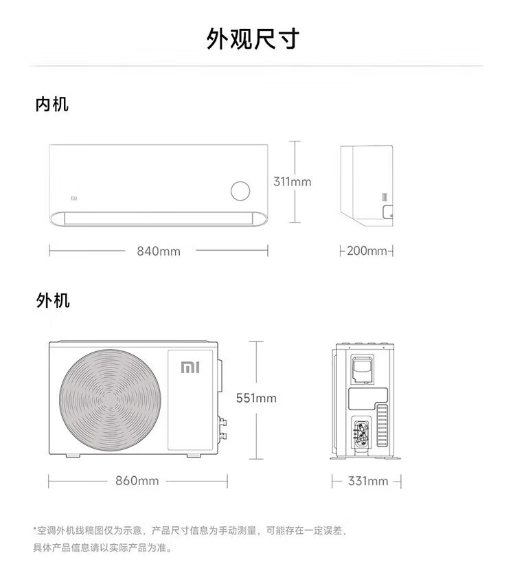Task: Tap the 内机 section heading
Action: pos(52,104)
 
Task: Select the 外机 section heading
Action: pos(52,300)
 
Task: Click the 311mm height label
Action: pos(292,182)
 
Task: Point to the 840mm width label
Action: pos(159,251)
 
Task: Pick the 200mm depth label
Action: pos(367,251)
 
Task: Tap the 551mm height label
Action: pos(256,398)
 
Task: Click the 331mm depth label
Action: pos(367,481)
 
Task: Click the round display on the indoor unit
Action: pos(241,191)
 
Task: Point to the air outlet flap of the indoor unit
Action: pos(158,219)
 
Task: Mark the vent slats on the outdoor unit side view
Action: pos(382,426)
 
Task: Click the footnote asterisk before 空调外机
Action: pos(34,530)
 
